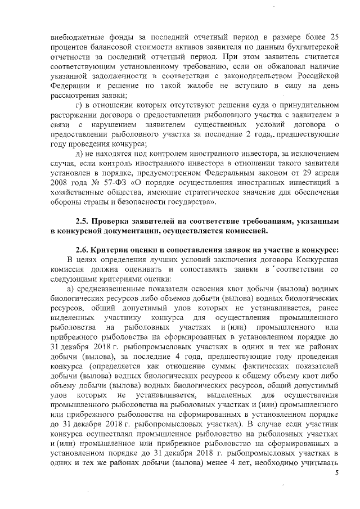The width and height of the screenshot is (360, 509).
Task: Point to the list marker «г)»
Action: click(80, 105)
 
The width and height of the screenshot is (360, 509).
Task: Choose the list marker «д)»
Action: click(80, 153)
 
